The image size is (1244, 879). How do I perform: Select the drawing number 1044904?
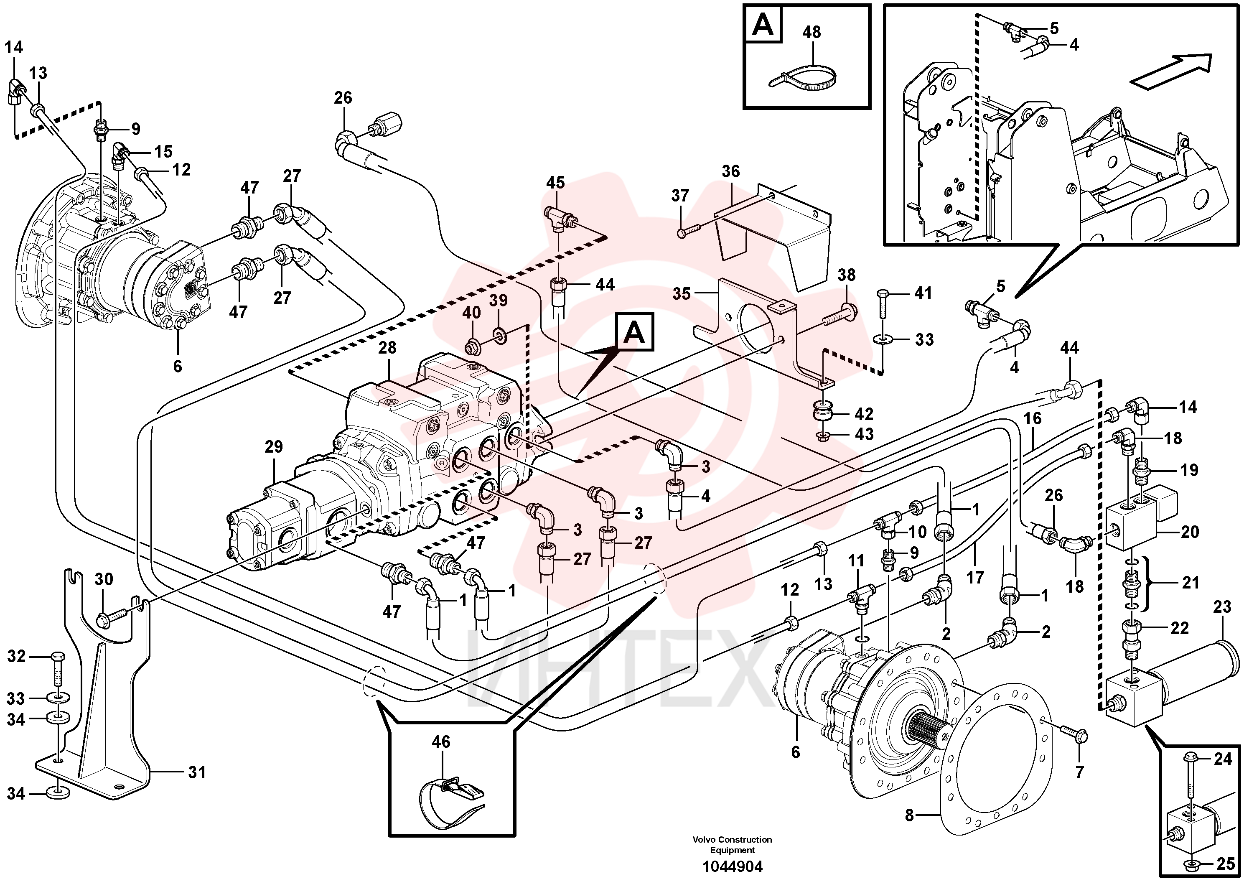(732, 866)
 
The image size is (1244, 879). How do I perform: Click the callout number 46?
(441, 742)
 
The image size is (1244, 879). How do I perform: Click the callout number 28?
(387, 347)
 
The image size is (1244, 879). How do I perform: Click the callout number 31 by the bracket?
(197, 772)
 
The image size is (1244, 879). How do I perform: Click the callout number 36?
(730, 171)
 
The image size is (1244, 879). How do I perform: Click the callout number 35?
(681, 294)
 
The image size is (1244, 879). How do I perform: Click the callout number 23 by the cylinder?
(1222, 607)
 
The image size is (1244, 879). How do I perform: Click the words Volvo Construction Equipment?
(732, 845)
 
